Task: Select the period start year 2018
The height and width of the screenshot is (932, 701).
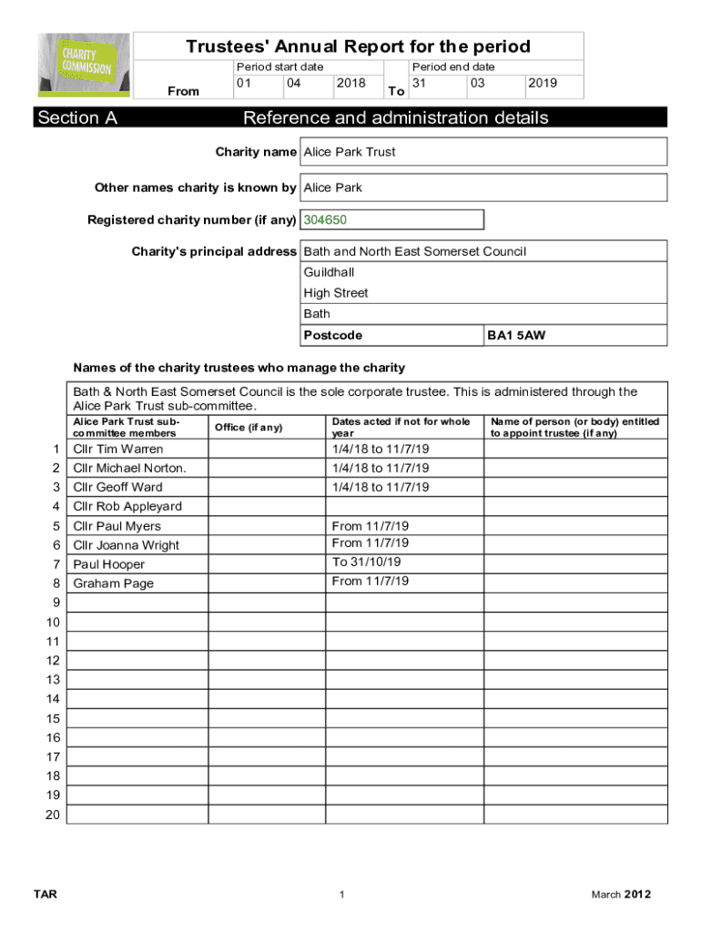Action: tap(350, 83)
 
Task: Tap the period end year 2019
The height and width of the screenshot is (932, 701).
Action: tap(542, 83)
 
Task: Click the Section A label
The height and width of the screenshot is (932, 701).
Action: tap(77, 117)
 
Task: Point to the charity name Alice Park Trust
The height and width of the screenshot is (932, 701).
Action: tap(350, 152)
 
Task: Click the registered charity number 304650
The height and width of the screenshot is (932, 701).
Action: tap(325, 220)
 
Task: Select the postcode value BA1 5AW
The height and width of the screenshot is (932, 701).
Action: tap(516, 336)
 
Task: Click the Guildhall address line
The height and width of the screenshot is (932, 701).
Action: tap(329, 272)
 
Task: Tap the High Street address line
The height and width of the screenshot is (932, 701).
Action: tap(336, 293)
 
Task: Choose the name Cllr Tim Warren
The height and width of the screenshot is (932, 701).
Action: tap(118, 450)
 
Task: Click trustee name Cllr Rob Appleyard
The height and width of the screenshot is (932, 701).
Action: tap(127, 507)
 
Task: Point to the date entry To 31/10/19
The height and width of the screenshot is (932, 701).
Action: tap(367, 562)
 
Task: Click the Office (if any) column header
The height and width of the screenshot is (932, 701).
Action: tap(249, 428)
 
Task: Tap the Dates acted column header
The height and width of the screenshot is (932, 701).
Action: tap(401, 427)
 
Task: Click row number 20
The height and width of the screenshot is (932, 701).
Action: tap(53, 815)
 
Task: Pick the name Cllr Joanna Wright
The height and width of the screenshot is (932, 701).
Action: tap(127, 545)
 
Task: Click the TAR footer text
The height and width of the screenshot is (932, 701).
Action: tap(45, 895)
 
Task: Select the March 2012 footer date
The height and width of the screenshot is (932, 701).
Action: tap(621, 895)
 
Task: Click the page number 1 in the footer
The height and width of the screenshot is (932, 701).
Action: tap(341, 896)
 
